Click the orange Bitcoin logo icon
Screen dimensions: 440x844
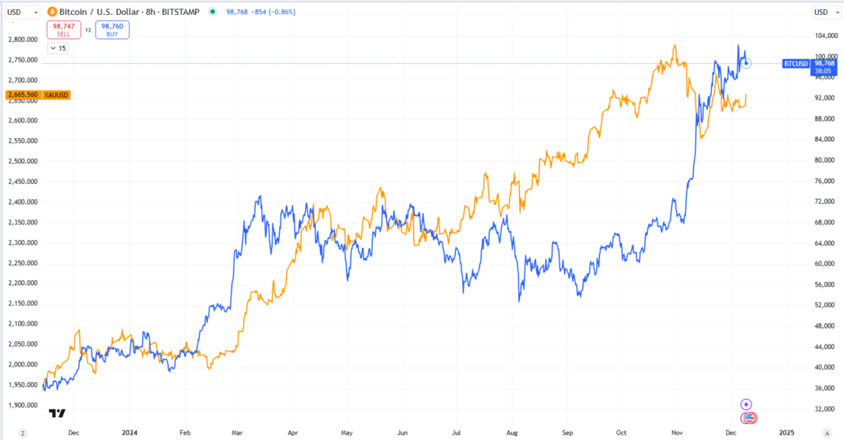52,12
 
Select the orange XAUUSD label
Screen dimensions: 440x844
57,95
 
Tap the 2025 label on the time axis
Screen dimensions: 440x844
786,433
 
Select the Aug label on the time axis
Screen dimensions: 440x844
512,433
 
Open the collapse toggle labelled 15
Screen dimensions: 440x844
58,48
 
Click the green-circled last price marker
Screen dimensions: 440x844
747,62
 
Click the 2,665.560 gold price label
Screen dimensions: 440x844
22,95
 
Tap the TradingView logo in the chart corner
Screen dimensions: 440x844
57,413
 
